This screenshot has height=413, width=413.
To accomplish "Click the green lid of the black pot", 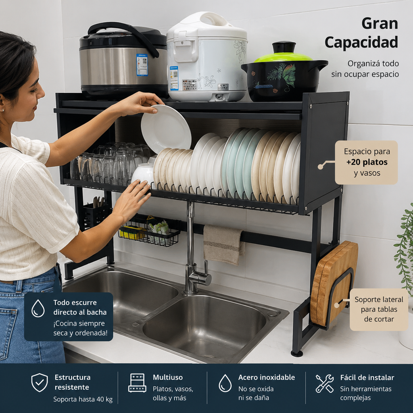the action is click(x=283, y=57).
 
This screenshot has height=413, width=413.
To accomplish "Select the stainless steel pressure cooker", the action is click(x=123, y=59).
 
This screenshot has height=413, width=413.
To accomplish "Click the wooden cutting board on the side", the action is click(x=334, y=283).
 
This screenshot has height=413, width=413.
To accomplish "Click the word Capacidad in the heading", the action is click(x=361, y=42).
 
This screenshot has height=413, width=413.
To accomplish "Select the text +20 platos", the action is click(x=367, y=162).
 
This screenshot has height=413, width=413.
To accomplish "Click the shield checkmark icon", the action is click(x=40, y=382).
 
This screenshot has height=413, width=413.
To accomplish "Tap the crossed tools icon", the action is click(x=325, y=383).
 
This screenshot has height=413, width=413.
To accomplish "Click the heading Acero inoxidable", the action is click(x=266, y=377).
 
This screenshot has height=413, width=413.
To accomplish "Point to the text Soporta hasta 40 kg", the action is click(x=83, y=399).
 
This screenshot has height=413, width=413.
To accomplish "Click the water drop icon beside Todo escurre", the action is click(x=38, y=308).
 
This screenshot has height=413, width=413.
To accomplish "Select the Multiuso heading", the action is click(x=168, y=377).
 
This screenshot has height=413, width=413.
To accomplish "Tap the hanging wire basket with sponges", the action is click(x=149, y=232).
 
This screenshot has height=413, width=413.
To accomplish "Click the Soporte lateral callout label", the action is click(x=379, y=309).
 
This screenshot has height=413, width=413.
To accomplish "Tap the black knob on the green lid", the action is click(x=284, y=47).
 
